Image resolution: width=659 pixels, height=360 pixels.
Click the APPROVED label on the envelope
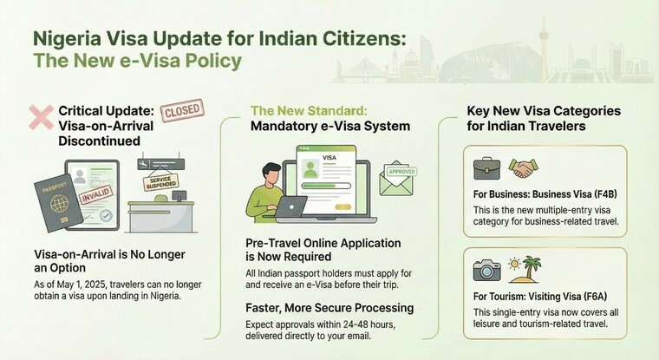401,170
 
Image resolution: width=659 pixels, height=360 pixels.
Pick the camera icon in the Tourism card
486,269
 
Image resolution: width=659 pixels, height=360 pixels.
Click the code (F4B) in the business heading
610,192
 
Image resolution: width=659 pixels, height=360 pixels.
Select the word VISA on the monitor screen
330,158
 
